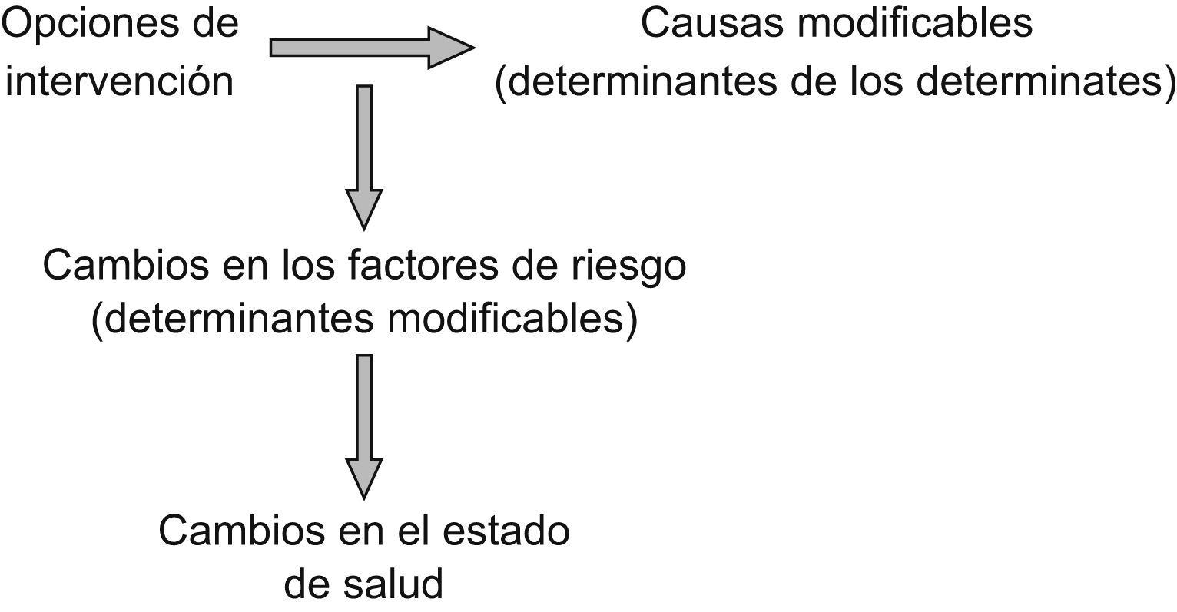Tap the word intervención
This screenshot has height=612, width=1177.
click(119, 81)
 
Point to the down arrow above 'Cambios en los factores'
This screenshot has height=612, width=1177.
click(365, 154)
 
